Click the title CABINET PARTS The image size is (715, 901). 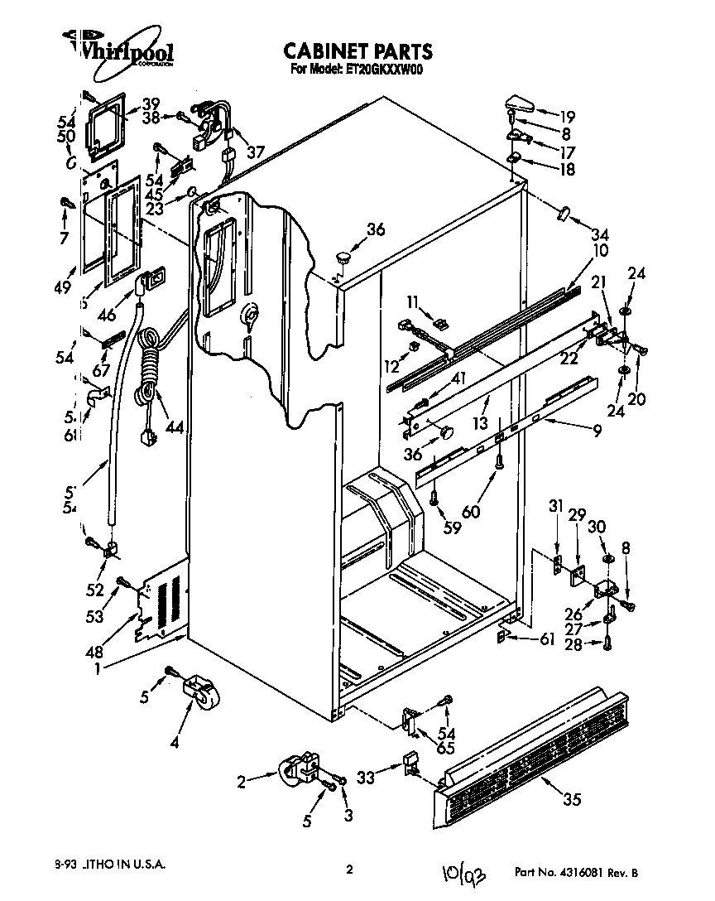click(x=357, y=51)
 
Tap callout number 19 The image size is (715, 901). click(x=566, y=116)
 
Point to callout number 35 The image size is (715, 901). click(x=571, y=799)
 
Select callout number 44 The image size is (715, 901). click(x=174, y=427)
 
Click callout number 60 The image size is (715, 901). click(x=470, y=512)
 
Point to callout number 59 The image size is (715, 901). click(x=451, y=527)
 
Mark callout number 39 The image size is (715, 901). click(x=150, y=104)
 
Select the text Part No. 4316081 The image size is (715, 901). click(x=563, y=872)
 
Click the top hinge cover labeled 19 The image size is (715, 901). click(x=519, y=104)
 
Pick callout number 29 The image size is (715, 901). click(x=577, y=515)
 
